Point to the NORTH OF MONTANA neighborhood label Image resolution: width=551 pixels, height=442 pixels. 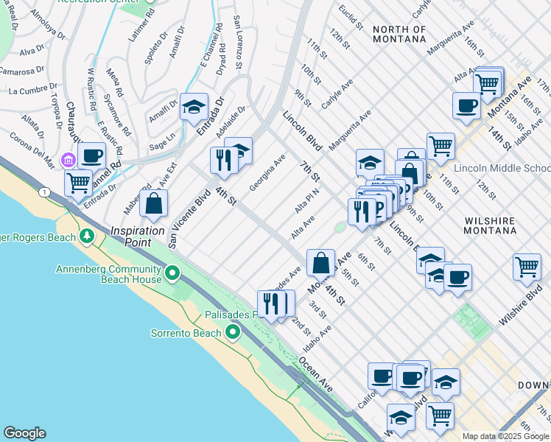tap(399, 34)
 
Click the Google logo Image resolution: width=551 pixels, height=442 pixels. tap(24, 433)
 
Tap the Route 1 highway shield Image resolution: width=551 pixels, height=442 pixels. tap(46, 192)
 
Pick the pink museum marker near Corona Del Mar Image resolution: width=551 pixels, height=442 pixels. tap(68, 159)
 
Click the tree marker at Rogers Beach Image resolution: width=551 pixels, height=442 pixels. tap(88, 236)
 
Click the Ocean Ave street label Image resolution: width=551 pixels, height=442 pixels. tap(316, 374)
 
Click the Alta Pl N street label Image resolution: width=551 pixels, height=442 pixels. tap(306, 200)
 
